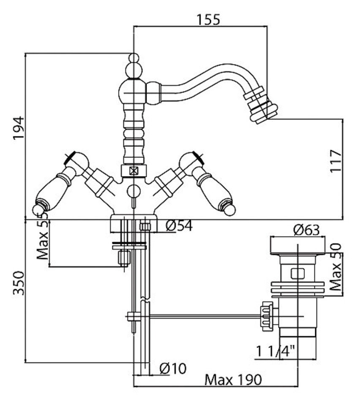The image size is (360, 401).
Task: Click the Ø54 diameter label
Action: click(179, 226)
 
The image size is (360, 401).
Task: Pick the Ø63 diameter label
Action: click(306, 230)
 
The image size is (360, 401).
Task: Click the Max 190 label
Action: click(233, 379)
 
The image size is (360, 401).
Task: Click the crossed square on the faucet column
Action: click(134, 171)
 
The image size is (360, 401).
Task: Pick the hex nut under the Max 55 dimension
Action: click(124, 257)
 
